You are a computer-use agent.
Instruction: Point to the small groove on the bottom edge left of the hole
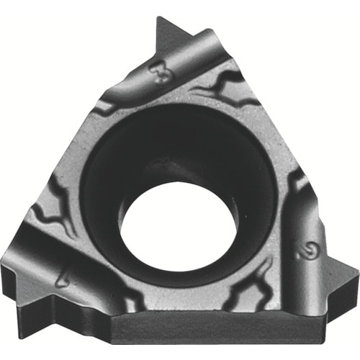126,295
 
